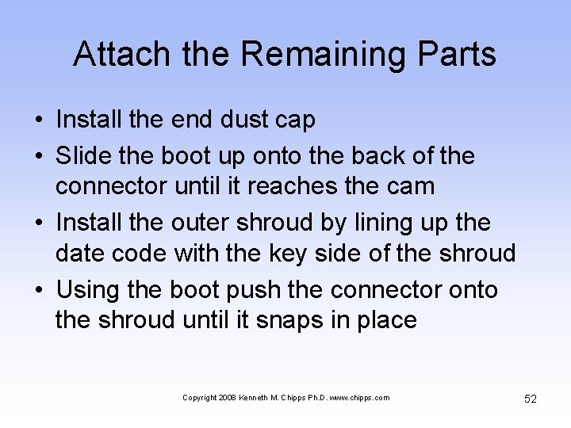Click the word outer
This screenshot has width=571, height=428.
209,223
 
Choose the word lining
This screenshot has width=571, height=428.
366,224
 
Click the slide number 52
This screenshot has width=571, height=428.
530,399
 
